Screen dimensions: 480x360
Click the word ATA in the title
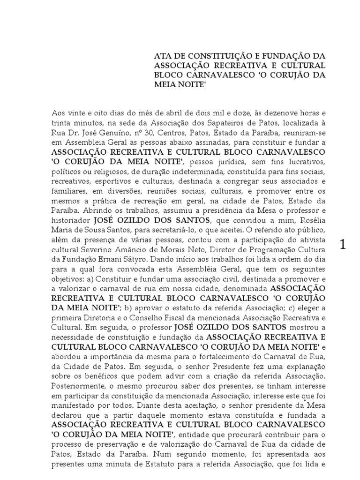[x=162, y=56]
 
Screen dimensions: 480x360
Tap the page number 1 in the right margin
[x=343, y=244]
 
